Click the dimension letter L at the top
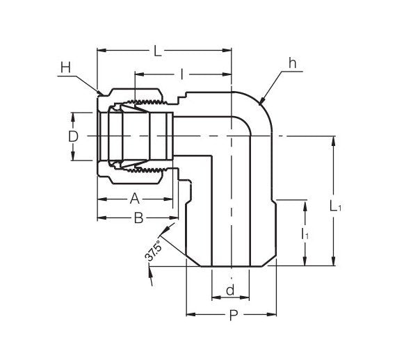click(158, 51)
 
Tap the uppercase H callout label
click(65, 67)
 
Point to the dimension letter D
click(73, 137)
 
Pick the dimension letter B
click(138, 218)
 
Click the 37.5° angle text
click(154, 249)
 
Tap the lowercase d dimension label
click(229, 288)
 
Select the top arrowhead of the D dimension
click(73, 115)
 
